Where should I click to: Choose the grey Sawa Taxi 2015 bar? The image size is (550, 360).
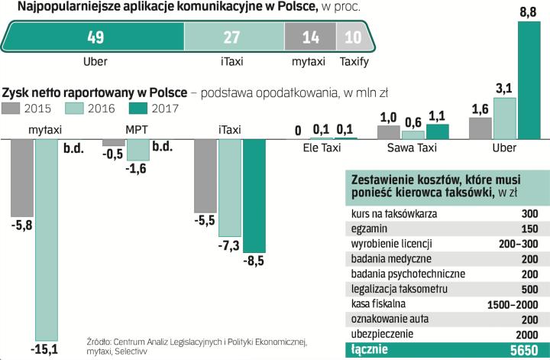click(x=389, y=131)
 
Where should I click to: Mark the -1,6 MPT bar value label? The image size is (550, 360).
click(x=137, y=169)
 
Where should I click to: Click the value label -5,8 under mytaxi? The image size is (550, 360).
click(x=21, y=225)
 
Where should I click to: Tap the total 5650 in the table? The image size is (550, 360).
click(x=526, y=350)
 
